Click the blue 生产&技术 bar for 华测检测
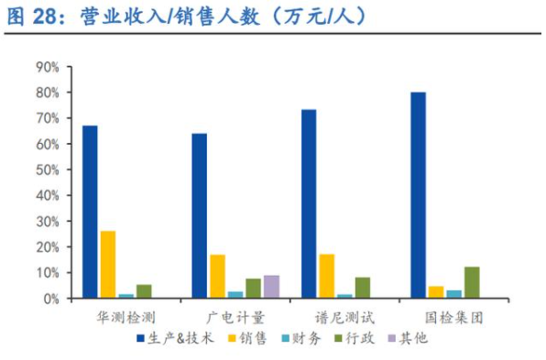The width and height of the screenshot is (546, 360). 90,212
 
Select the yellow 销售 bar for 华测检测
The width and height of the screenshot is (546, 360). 108,265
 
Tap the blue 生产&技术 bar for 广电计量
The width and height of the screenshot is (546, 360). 199,216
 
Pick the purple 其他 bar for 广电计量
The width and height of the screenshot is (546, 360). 271,287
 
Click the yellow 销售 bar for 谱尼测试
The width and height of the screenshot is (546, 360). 326,276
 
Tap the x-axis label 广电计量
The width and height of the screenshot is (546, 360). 235,318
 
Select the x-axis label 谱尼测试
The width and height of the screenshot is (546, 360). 344,318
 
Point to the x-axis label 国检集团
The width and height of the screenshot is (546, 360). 453,318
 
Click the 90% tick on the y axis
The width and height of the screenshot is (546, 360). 48,67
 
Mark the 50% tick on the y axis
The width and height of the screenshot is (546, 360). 48,170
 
